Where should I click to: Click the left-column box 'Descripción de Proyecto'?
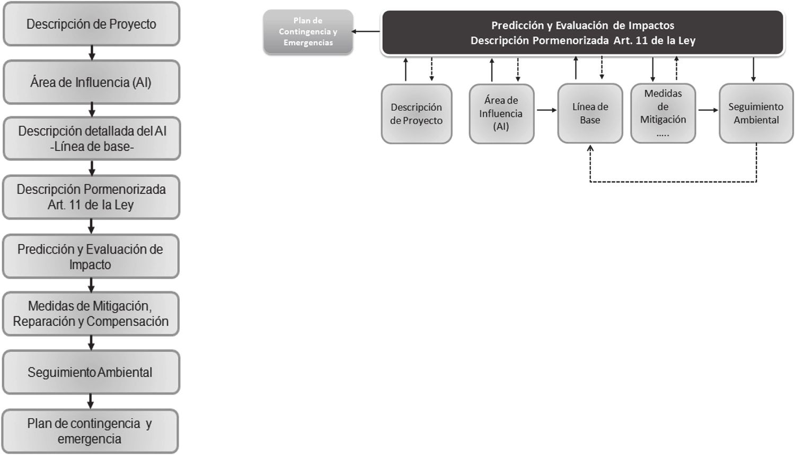coord(91,24)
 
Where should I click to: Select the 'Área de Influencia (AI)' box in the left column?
coord(91,82)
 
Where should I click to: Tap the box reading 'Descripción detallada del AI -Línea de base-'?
coord(91,139)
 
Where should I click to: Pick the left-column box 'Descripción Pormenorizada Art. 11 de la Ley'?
coord(91,197)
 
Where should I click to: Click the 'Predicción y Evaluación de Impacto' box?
coord(91,257)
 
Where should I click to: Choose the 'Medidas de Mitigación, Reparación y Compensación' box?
coord(91,313)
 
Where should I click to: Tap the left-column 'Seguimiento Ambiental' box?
coord(91,372)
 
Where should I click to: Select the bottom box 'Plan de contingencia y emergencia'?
coord(90,431)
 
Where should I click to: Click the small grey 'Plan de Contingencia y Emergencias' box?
coord(308,32)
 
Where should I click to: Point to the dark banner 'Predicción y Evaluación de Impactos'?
coord(582,32)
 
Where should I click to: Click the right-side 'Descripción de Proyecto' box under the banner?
coord(416,113)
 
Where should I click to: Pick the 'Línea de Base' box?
coord(590,113)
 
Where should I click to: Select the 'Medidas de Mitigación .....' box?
coord(662,113)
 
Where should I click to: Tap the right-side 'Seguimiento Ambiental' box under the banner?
coord(756,113)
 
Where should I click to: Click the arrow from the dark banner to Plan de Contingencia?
coord(366,32)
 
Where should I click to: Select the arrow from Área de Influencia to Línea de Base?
coord(546,110)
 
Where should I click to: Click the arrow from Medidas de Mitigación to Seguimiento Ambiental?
coord(708,110)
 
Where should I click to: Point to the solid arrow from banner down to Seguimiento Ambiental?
coord(754,69)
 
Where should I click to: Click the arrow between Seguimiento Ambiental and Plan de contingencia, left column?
coord(91,401)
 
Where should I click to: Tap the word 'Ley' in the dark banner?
coord(686,40)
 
